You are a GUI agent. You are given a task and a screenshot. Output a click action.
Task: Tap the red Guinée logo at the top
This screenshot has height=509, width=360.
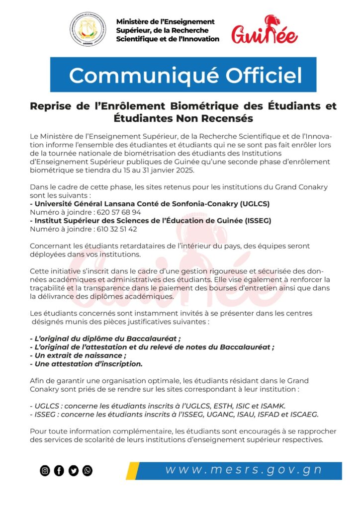pos(265,31)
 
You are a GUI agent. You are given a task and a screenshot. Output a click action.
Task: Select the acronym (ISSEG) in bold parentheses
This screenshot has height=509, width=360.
pos(256,221)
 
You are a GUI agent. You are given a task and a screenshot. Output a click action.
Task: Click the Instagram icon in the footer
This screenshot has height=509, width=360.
pos(45,470)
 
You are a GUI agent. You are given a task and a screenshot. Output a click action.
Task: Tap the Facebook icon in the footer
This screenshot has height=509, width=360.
pos(59,470)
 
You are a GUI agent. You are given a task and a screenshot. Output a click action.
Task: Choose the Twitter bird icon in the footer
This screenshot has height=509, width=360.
pos(74,470)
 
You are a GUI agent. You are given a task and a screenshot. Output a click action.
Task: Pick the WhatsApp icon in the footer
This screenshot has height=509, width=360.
pos(88,470)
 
